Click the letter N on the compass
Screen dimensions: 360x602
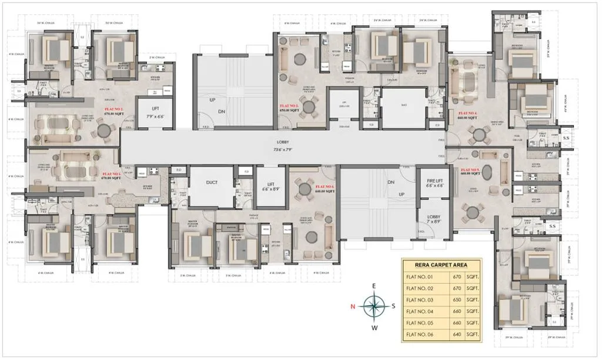[x=353, y=306]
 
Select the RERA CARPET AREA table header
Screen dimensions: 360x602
[x=441, y=264]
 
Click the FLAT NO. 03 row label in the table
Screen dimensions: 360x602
[x=419, y=299]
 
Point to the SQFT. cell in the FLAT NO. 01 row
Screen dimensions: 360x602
[x=472, y=275]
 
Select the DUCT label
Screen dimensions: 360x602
[x=212, y=182]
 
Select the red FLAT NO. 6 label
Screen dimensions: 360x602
[x=324, y=188]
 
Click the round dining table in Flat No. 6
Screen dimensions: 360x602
[x=305, y=189]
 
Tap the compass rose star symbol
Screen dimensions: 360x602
[x=373, y=305]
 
